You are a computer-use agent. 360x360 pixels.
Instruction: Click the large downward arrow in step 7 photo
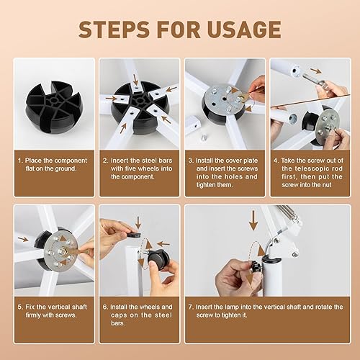coord(253,219)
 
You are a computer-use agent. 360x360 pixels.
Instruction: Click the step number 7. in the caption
coord(191,305)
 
